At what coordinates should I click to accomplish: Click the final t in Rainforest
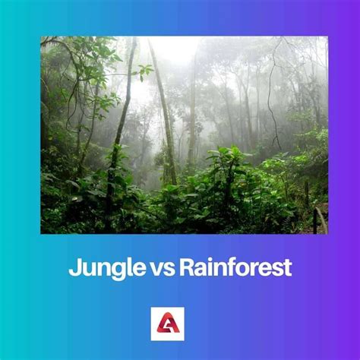287,268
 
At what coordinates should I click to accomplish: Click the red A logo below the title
180,323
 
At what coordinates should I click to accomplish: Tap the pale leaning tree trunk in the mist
164,114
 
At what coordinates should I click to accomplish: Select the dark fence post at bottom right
314,220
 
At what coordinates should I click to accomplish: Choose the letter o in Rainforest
235,270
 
